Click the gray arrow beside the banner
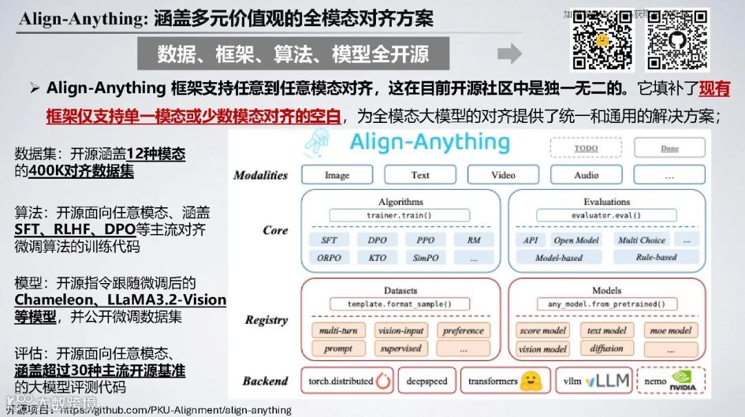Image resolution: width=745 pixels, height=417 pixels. click(509, 54)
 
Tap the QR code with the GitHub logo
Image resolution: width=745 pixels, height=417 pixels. click(677, 39)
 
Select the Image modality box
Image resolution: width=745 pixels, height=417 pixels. click(337, 175)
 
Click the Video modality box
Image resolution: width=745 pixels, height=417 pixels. click(503, 175)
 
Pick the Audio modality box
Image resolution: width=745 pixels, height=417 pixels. click(586, 175)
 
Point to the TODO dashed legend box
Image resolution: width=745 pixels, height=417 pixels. click(586, 148)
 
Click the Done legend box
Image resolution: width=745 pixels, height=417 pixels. click(669, 148)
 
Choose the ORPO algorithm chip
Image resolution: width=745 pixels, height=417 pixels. click(330, 258)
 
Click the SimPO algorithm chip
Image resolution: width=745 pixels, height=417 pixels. click(426, 258)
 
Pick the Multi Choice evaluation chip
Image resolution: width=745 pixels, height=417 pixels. click(641, 240)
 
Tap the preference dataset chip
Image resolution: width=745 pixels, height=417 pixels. click(463, 331)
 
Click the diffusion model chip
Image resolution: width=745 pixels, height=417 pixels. click(606, 349)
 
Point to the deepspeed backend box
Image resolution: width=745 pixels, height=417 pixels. click(426, 381)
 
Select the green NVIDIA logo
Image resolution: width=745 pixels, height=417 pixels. click(683, 381)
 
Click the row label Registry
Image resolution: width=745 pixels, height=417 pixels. click(266, 320)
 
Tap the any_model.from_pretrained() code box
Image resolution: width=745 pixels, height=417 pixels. click(606, 304)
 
